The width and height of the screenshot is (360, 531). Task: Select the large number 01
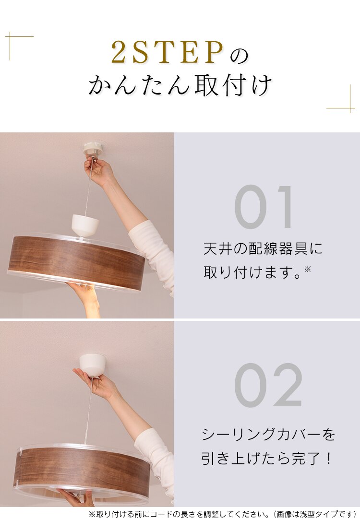(x=265, y=207)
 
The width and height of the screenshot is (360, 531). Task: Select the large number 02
(x=268, y=386)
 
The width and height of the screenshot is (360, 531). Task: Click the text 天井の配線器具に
(x=263, y=248)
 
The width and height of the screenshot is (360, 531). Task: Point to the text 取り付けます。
(x=253, y=272)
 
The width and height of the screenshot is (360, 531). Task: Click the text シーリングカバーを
(x=268, y=435)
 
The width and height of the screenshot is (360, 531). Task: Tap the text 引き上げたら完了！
(x=266, y=459)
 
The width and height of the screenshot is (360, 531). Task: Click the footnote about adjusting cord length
(x=222, y=514)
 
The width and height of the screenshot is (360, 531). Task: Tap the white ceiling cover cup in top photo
(x=85, y=224)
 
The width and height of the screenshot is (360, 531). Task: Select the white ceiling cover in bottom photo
(x=93, y=364)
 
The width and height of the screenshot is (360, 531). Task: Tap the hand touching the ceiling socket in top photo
(x=99, y=172)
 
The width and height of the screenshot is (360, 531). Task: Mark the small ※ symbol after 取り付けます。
(x=308, y=269)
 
